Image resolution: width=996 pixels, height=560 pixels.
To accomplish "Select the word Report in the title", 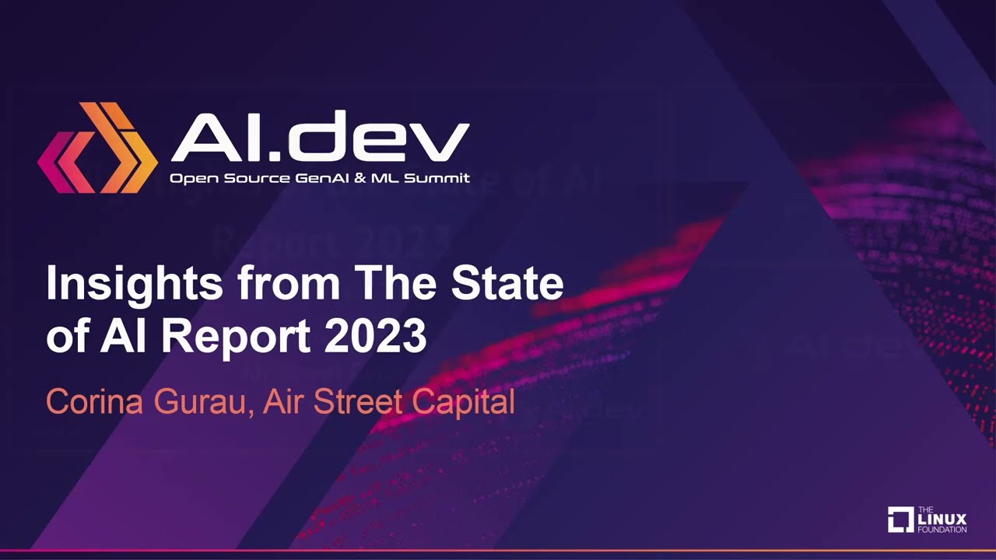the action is pos(236,338).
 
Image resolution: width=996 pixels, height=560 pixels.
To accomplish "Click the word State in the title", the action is pos(507,282).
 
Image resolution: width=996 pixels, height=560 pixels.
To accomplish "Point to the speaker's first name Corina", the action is pos(95,401).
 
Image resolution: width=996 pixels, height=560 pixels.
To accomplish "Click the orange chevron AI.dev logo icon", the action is pos(97,148).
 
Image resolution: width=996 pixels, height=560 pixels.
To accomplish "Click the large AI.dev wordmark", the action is pos(320,136).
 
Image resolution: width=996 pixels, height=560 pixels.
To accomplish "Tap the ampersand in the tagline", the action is pos(360,178).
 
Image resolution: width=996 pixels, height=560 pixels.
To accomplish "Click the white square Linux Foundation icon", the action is pos(901,519).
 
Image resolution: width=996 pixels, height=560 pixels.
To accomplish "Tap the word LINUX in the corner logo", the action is pos(942,519).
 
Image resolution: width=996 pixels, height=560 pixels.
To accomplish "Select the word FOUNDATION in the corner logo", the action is pos(942,530).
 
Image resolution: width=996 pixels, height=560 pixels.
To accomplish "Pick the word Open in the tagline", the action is pos(194,179).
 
